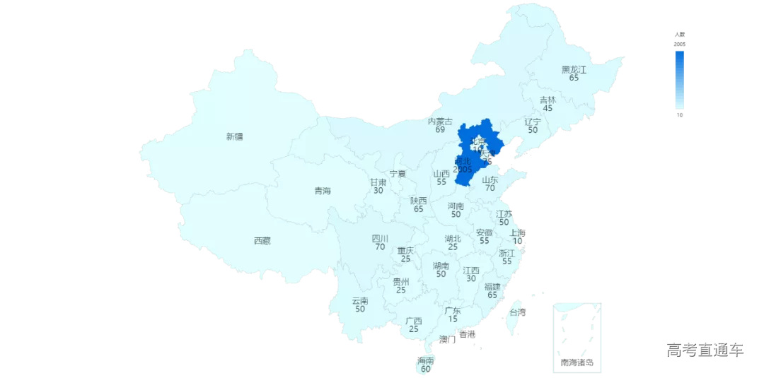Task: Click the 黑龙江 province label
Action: coord(574,69)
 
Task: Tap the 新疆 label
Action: coord(234,136)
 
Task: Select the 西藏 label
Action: coord(262,241)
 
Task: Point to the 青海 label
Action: coord(323,191)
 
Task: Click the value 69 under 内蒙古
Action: coord(440,130)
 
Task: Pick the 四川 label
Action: coord(380,239)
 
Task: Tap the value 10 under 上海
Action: coord(518,242)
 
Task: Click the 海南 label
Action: coord(426,360)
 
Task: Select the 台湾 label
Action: coord(518,312)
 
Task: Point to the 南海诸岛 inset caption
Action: coord(577,363)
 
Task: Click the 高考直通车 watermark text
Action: coord(705,350)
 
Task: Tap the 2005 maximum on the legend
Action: coord(679,45)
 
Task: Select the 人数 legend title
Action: coord(679,35)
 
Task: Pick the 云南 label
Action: coord(360,301)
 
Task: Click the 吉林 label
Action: coord(548,100)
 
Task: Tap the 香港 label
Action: coord(467,333)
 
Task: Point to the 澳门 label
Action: coord(447,340)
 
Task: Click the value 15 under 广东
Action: coord(453,319)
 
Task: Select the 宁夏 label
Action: coord(398,174)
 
